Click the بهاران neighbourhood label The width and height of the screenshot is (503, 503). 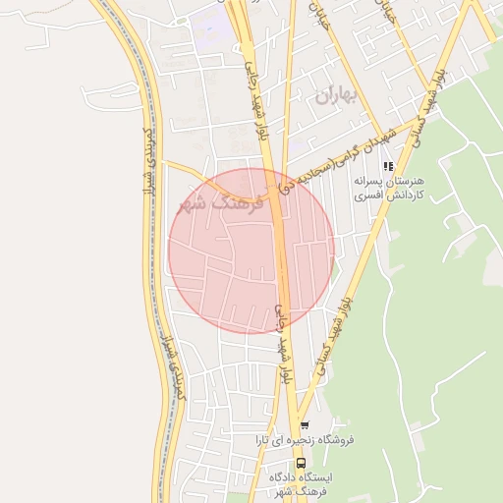click(x=334, y=96)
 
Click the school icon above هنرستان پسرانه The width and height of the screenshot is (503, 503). click(x=388, y=167)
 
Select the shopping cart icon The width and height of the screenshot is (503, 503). click(x=306, y=425)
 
